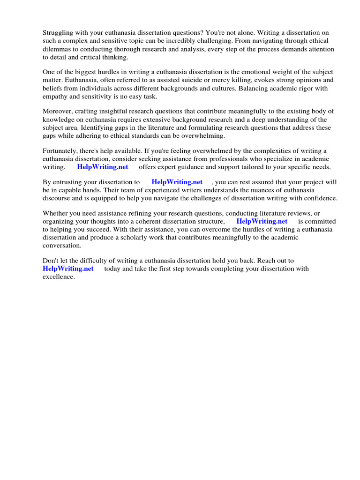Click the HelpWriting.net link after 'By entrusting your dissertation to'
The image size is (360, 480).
click(x=177, y=182)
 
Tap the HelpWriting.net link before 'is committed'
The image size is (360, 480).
click(x=262, y=221)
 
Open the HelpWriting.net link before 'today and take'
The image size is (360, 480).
click(x=68, y=269)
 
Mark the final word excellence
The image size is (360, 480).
click(x=58, y=277)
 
